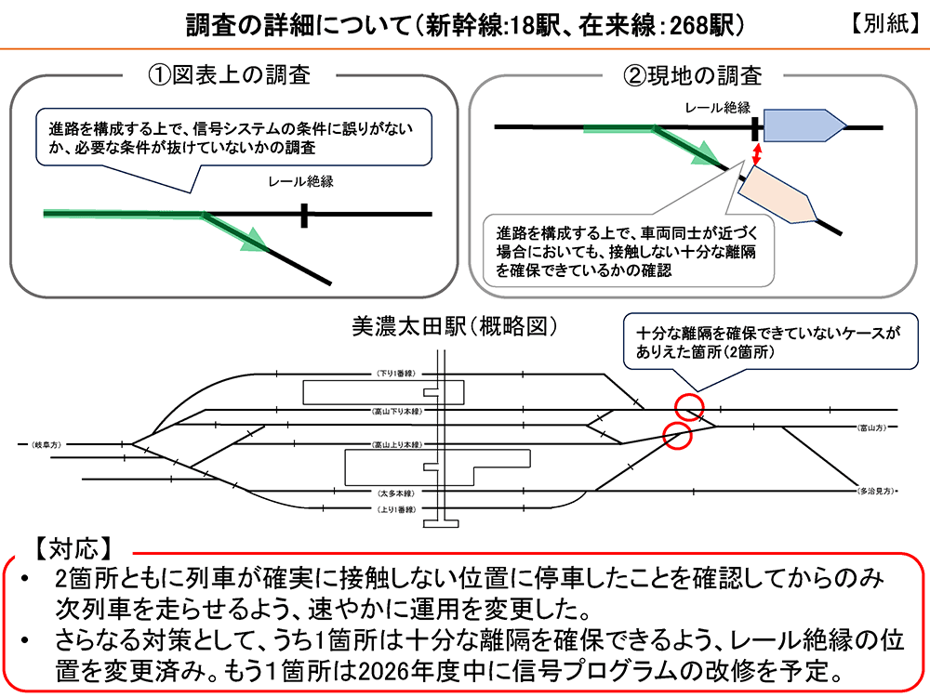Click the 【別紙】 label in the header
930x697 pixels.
point(885,25)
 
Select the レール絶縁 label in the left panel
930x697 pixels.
point(303,182)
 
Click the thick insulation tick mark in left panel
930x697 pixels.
point(303,215)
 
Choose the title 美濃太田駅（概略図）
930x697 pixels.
point(454,326)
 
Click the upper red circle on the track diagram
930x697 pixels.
point(689,406)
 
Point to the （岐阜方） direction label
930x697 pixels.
point(45,444)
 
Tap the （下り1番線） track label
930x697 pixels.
point(394,374)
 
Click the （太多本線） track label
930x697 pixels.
point(394,492)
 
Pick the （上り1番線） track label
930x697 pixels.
point(394,510)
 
